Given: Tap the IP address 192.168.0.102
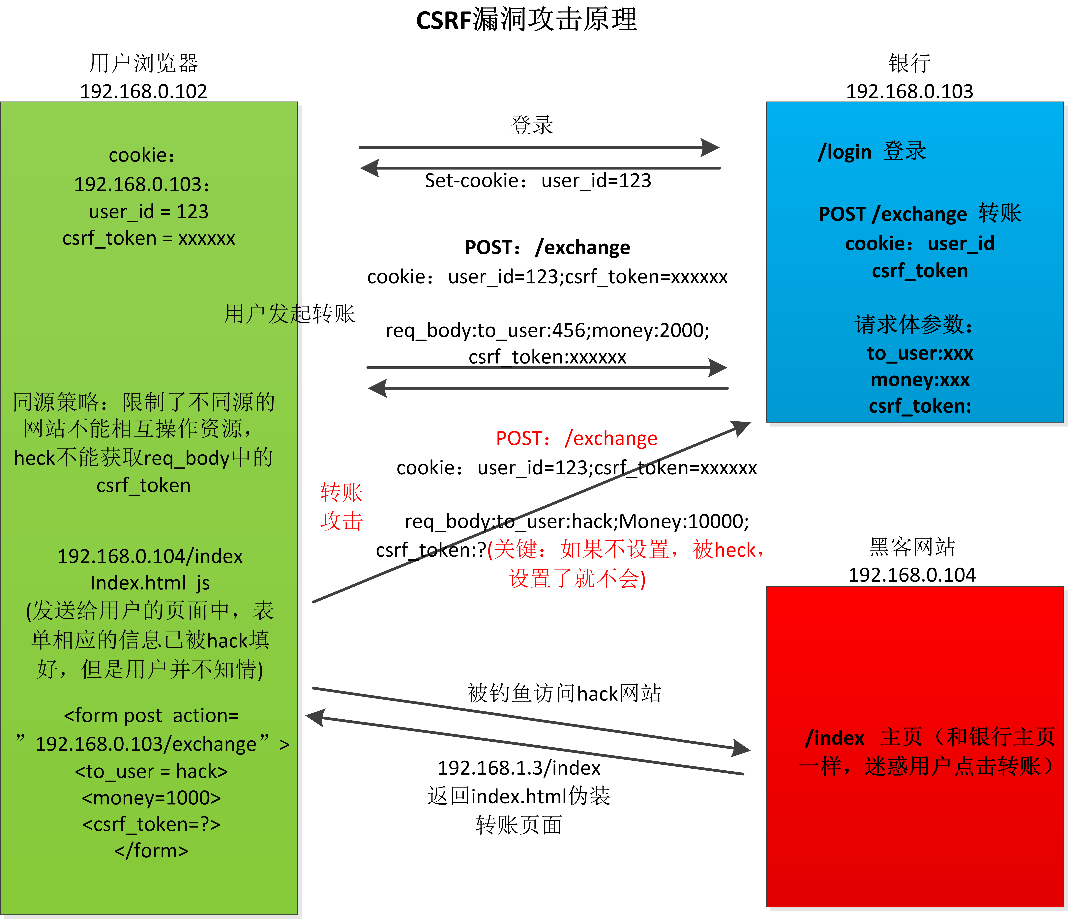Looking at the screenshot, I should point(143,91).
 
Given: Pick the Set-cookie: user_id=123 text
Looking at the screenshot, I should point(538,180).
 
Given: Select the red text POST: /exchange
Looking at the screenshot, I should point(576,438).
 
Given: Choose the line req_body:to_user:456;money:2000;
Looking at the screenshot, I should point(547,330).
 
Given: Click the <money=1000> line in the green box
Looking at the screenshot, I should point(151,797).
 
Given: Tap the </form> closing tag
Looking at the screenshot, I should point(151,850).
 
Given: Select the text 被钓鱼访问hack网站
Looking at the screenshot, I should point(564,693).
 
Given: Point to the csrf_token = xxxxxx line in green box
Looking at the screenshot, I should point(148,238).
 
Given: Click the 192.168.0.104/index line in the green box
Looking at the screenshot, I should point(149,556).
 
